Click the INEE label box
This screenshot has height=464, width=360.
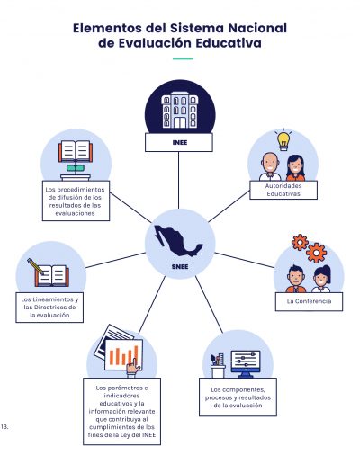pos(179,142)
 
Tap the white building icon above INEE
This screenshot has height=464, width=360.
pos(180,110)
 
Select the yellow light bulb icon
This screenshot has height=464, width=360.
pos(283,141)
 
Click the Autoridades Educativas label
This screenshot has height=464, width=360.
pos(283,190)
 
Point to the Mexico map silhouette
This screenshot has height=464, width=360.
pos(178,241)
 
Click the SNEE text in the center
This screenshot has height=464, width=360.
pos(180,266)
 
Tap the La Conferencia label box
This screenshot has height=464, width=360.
pos(309,301)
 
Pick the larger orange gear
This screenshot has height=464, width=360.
pos(316,253)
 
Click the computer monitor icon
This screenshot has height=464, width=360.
pos(246,364)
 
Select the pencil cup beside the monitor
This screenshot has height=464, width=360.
pos(218,366)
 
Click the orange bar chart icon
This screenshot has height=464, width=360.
pos(123,355)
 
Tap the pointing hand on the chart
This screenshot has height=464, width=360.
pos(133,367)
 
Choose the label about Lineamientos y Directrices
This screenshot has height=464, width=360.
pos(49,308)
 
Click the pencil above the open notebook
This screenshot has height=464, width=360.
pos(36,266)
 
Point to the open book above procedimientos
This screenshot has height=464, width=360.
pos(76,151)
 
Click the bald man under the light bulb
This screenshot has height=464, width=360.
pos(270,167)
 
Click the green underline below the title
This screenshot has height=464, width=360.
pos(183,58)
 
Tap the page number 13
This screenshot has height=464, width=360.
pos(4,426)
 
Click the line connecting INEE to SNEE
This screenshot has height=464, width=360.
pos(179,180)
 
